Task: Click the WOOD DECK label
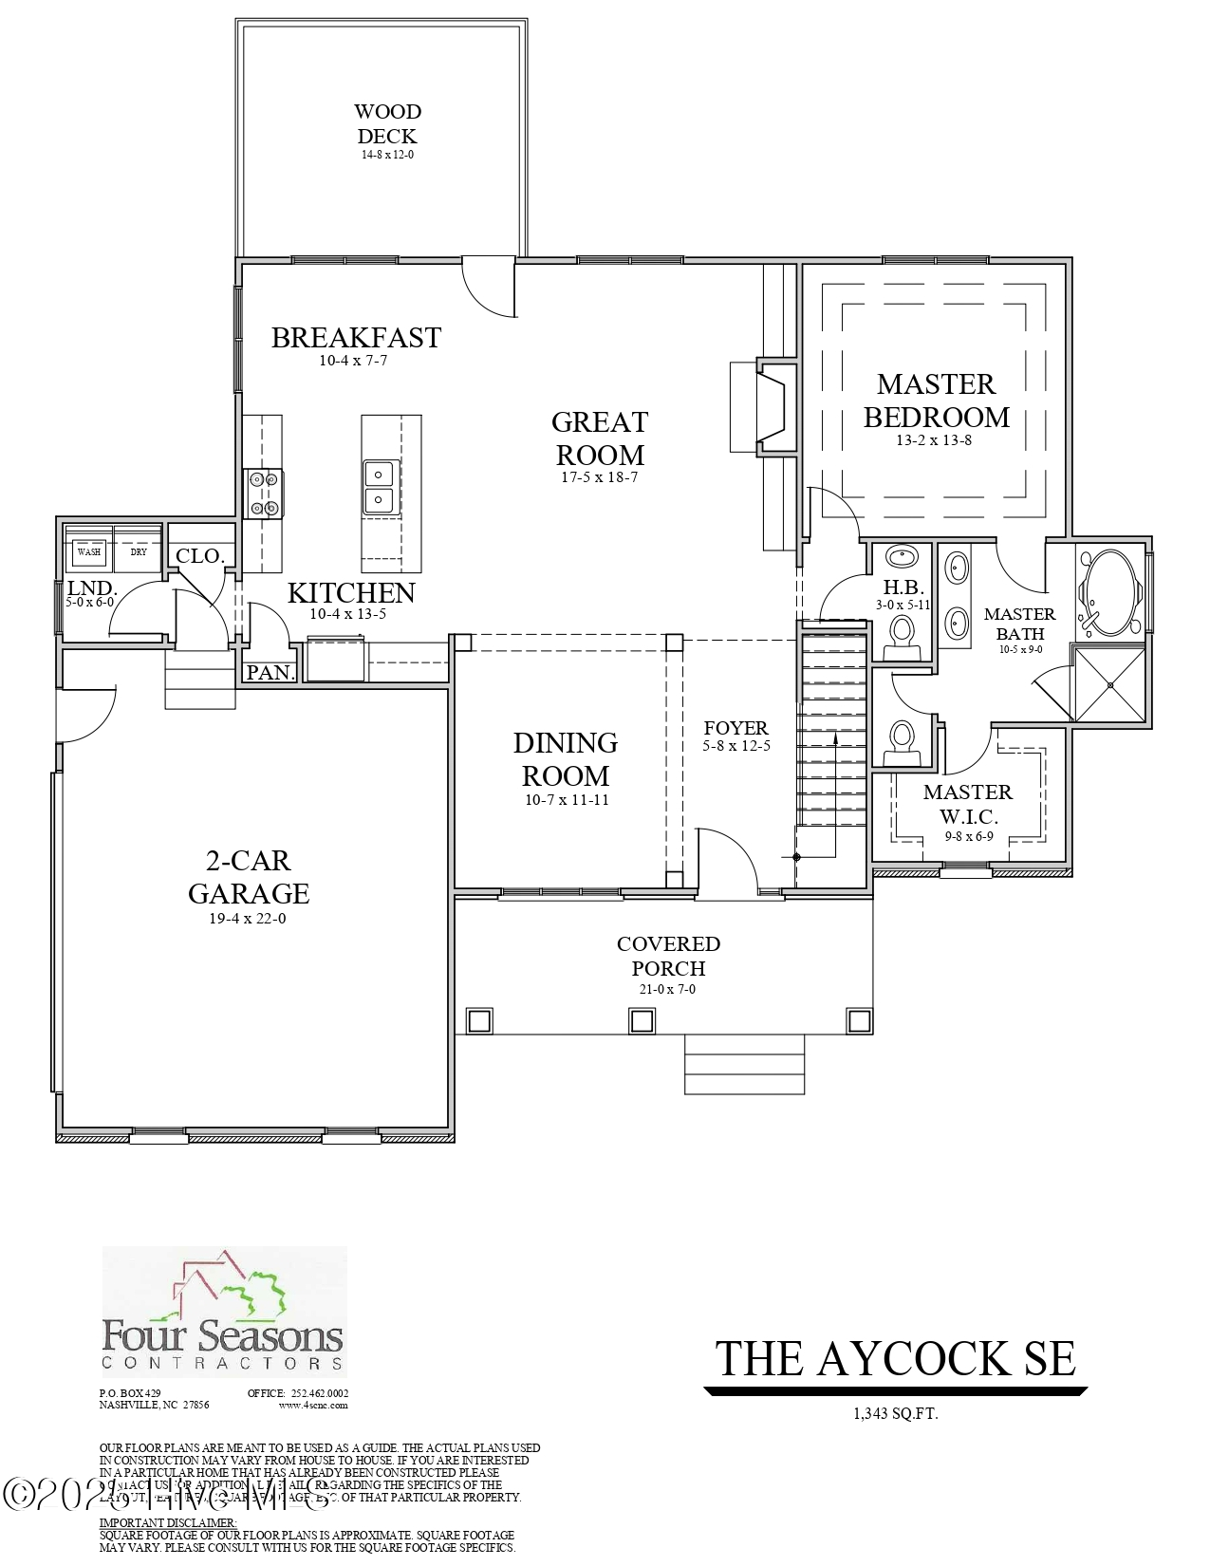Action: (x=386, y=124)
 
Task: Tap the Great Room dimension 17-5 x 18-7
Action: (x=599, y=477)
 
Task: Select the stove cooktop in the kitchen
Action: (x=263, y=494)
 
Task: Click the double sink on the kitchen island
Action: (x=379, y=486)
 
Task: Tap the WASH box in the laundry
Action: (x=89, y=551)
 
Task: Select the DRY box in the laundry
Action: (x=139, y=551)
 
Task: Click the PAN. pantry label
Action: (x=270, y=672)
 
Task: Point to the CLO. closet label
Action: (x=199, y=555)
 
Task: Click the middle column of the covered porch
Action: (x=642, y=1020)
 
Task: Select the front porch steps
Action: (x=744, y=1064)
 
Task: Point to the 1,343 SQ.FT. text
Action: (x=895, y=1414)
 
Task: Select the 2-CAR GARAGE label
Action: (x=248, y=877)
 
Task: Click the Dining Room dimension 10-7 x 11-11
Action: (x=567, y=800)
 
